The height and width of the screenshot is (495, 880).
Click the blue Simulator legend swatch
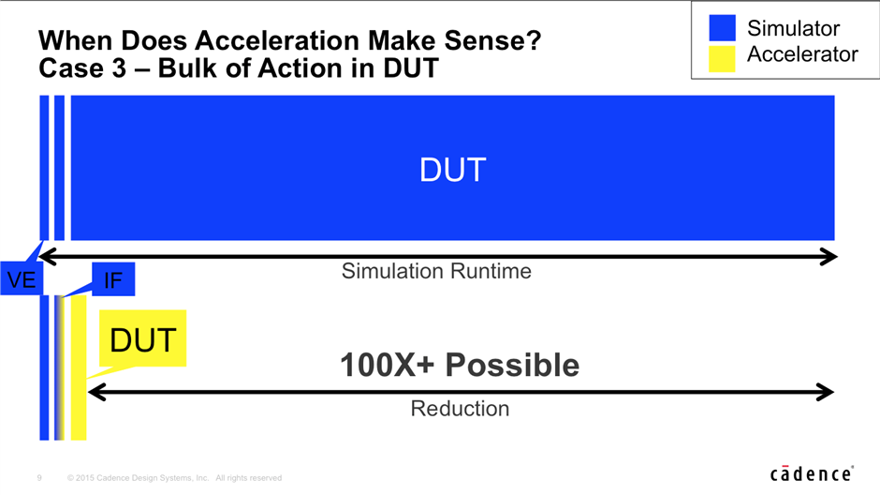(722, 28)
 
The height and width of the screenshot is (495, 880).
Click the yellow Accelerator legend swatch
(722, 58)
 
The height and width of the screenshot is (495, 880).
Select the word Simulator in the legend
(793, 28)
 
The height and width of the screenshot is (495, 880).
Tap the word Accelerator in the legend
(802, 54)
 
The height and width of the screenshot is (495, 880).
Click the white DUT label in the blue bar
(452, 170)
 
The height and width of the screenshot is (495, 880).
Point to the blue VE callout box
(22, 278)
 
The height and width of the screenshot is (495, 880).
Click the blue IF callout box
(113, 279)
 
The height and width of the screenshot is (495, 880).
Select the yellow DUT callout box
(142, 338)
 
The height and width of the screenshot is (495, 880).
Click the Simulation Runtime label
(436, 271)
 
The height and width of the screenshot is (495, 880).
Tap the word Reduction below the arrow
(460, 409)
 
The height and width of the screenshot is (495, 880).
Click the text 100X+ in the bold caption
(388, 366)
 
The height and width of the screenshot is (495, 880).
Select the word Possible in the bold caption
(512, 366)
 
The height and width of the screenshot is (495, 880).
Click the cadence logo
(812, 473)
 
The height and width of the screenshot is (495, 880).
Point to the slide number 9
(39, 478)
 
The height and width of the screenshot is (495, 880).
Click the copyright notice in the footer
(174, 478)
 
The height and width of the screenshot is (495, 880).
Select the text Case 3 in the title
(82, 68)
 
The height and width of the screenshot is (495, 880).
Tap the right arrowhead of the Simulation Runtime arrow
(829, 257)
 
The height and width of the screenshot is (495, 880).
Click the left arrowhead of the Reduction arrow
(96, 392)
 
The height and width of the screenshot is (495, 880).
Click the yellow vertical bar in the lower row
(79, 367)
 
